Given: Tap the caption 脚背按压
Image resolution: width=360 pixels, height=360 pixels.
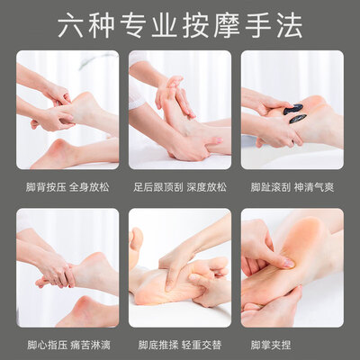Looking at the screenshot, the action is pos(45,187).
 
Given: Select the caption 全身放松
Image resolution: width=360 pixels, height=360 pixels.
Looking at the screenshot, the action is pos(89,187).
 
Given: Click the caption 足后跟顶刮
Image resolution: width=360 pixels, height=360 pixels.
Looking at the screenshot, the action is pos(158,187).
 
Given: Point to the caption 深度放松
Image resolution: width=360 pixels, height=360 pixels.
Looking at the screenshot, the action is pos(206,187).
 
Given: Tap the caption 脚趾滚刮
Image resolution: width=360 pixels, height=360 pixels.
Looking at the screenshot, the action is pos(271,187).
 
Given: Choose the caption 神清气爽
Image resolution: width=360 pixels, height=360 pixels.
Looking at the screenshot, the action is pos(314,187).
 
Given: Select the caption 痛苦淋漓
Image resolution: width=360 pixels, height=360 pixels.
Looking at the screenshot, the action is pos(91,345).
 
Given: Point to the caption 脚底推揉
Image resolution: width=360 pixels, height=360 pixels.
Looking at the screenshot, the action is pos(158,345).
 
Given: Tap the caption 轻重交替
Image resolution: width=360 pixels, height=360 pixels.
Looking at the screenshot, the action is pos(202,345).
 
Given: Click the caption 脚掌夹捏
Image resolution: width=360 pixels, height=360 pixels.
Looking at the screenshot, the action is pos(271,345).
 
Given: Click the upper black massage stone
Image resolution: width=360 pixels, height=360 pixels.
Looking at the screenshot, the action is pos(293,109).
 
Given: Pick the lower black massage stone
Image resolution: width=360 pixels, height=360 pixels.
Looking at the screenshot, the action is pos(297,119).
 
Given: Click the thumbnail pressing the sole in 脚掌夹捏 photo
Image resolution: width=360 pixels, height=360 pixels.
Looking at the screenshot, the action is pos(289,263).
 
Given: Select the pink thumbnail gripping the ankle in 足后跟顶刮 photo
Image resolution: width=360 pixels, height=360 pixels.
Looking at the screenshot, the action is pos(217,139).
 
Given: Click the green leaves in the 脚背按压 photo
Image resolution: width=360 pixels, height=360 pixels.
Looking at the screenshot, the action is pos(95,59).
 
